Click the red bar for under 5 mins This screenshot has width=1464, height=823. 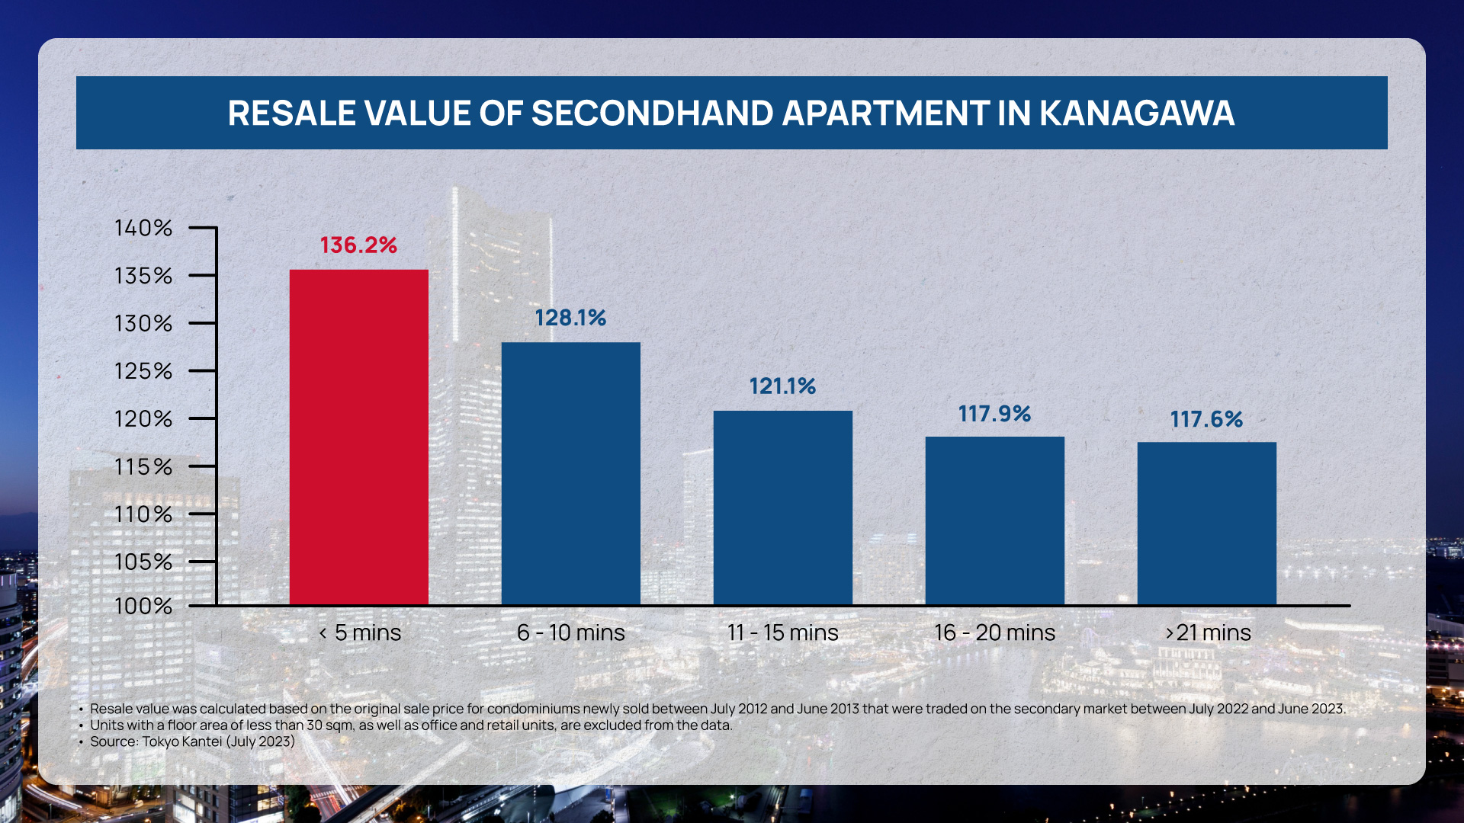358,437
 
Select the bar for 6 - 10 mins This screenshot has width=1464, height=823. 570,473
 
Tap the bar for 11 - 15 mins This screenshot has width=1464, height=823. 782,508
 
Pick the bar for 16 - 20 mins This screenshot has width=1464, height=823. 994,520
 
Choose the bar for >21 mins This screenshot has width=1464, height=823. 1206,524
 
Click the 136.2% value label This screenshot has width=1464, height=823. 358,245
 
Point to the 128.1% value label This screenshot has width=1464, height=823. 570,318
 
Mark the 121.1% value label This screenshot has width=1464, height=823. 782,386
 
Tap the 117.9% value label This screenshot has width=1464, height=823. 994,414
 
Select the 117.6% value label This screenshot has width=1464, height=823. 1206,419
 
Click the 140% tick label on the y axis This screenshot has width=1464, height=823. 143,228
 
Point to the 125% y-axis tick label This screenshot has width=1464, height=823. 143,371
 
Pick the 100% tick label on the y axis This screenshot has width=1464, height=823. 143,607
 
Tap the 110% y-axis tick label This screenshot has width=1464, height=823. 143,514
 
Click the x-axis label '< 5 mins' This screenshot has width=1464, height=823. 359,632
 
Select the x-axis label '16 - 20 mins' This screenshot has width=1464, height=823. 994,632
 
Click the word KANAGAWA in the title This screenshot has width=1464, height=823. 1136,114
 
